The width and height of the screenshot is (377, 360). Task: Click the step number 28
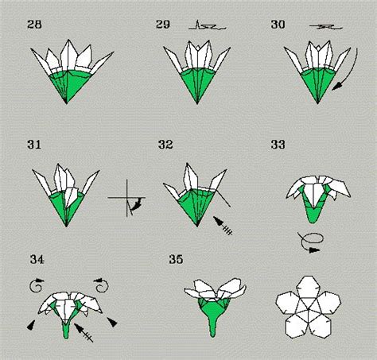coord(34,25)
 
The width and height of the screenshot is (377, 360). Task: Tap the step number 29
coord(163,25)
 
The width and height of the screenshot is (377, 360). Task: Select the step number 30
coord(278,25)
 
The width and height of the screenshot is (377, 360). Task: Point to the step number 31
coord(34,145)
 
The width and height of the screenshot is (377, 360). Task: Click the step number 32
coord(165,145)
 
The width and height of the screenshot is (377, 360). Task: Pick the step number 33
coord(278,145)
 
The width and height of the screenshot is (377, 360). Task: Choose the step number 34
coord(37,259)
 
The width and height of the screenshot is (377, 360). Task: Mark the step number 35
coord(176,259)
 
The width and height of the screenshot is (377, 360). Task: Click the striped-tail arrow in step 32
coord(223,226)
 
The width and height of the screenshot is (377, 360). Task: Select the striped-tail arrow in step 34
coord(84,332)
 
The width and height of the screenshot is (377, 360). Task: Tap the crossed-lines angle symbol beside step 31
coord(127,198)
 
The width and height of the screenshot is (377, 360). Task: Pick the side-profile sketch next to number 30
coord(326,26)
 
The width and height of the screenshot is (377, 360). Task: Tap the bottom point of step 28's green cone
coord(66,103)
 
